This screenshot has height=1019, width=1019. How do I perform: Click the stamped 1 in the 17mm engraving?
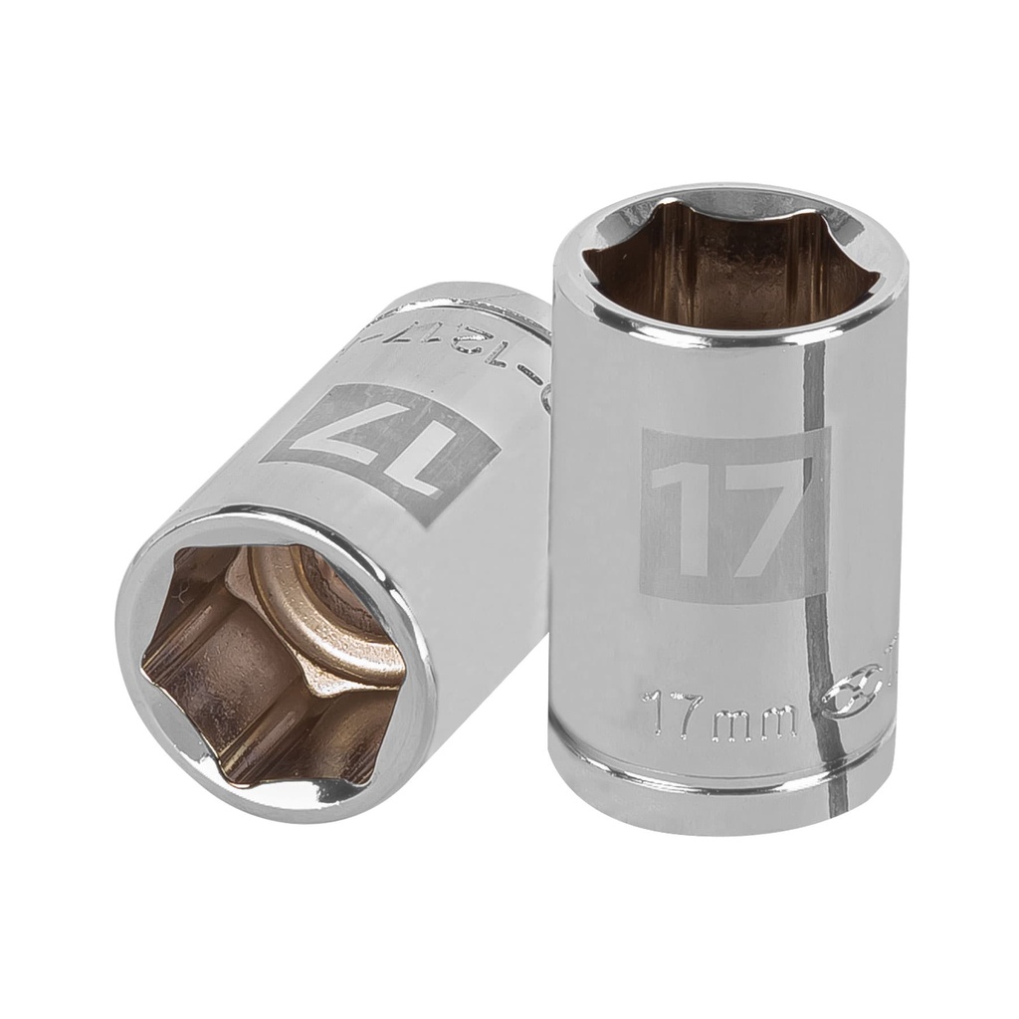pyautogui.click(x=653, y=711)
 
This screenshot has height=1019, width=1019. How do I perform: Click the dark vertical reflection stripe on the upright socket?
pyautogui.click(x=818, y=517)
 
